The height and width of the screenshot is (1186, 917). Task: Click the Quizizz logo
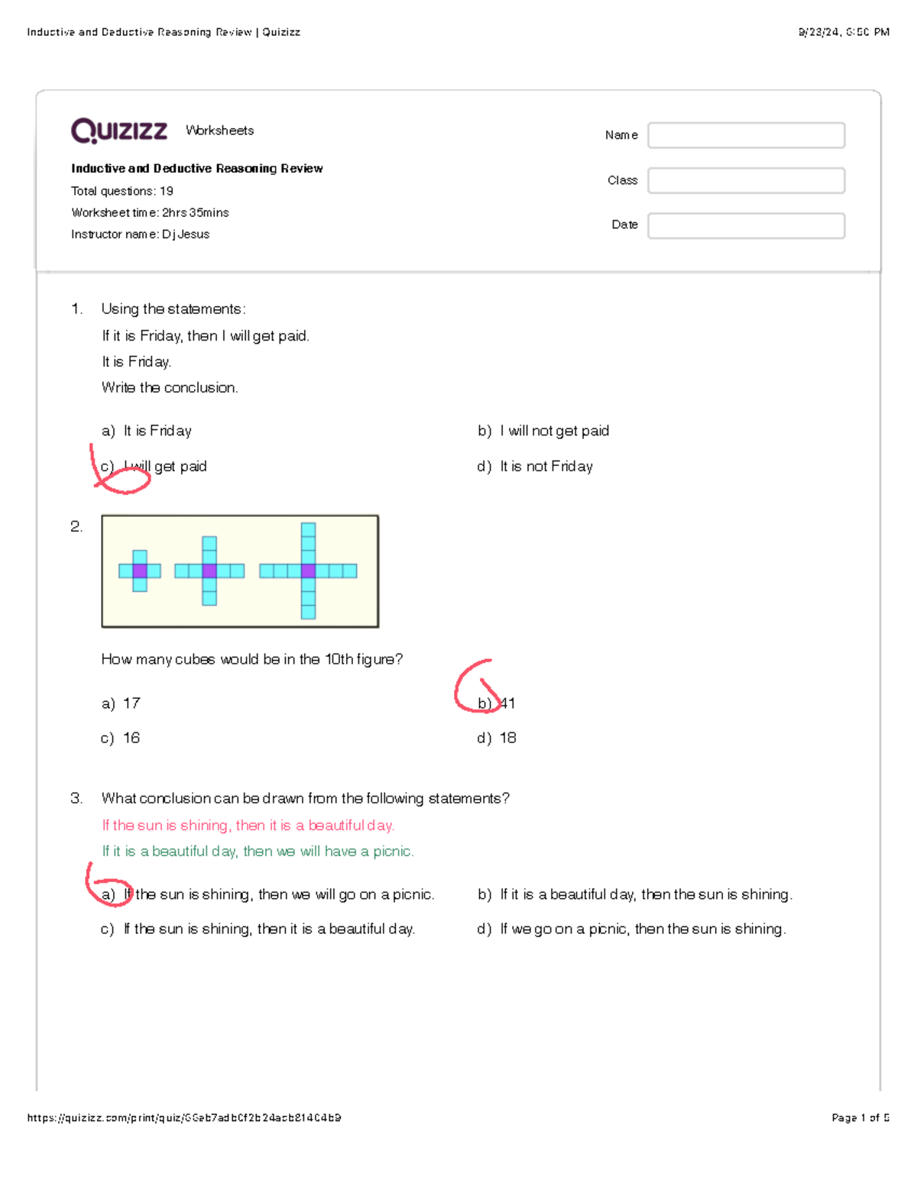tap(119, 131)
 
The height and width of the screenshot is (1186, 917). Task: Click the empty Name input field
tap(746, 135)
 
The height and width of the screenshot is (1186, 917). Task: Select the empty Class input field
tap(746, 180)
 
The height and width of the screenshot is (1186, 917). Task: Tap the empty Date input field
tap(746, 225)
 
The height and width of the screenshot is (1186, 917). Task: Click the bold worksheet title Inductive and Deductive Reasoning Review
tap(196, 169)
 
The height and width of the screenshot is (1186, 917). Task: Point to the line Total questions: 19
tap(122, 191)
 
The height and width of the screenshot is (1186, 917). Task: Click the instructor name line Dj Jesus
tap(140, 234)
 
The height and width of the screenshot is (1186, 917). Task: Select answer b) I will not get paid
tap(543, 431)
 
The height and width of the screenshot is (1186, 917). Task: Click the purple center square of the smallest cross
tap(140, 570)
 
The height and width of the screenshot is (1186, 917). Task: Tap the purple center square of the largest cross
tap(308, 570)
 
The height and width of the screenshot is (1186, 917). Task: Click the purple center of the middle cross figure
tap(209, 570)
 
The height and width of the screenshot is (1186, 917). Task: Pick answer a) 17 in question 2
tap(121, 703)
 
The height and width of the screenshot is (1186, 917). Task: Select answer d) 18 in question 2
tap(497, 738)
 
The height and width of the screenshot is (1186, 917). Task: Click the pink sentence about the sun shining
tap(248, 826)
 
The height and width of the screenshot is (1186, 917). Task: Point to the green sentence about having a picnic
tap(258, 852)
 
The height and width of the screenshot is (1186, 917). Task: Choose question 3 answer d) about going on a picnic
tap(631, 929)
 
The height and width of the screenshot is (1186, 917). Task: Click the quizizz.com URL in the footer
tap(184, 1118)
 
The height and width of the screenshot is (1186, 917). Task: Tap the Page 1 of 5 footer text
tap(860, 1118)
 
